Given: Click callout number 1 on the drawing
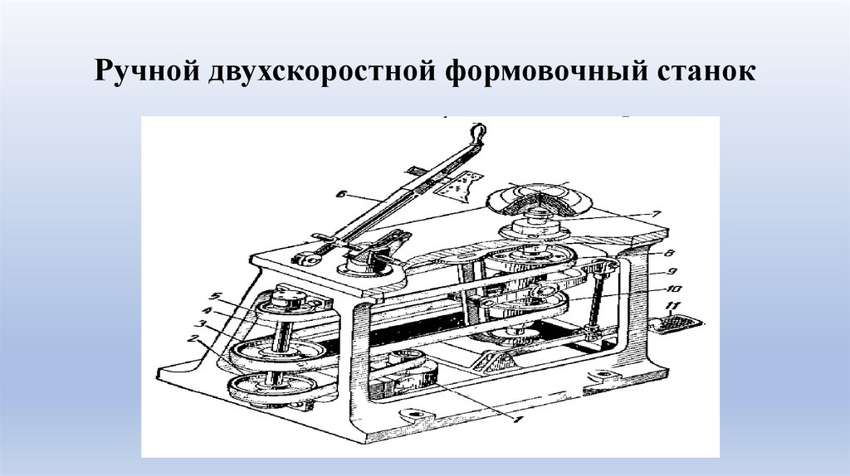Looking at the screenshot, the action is (x=517, y=420).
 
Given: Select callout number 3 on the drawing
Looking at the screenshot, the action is (x=202, y=324).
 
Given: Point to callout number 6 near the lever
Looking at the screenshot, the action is (x=340, y=192).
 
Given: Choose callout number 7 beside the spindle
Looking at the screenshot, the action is (x=656, y=213).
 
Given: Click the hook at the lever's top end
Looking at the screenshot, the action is (x=477, y=132).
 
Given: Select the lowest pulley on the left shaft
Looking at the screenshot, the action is (x=272, y=386).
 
